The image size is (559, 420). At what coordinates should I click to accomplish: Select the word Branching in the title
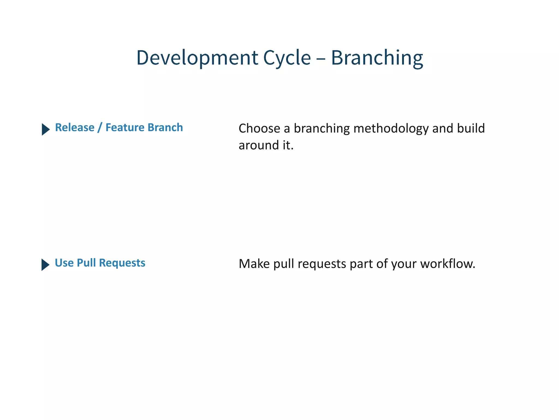click(x=377, y=58)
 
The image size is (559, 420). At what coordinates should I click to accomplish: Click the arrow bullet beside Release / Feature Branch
click(x=46, y=129)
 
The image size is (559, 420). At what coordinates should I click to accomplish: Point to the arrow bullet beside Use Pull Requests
click(x=45, y=264)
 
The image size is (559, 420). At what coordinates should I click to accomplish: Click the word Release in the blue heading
click(x=75, y=127)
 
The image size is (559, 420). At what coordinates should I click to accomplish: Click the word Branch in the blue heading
click(x=165, y=127)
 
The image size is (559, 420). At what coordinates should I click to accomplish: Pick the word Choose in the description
click(x=259, y=128)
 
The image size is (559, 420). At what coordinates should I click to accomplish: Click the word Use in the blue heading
click(x=64, y=263)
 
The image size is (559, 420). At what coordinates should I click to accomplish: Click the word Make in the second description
click(x=254, y=264)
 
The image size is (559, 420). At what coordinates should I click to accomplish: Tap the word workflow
click(x=447, y=264)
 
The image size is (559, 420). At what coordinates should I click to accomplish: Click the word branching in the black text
click(x=322, y=129)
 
